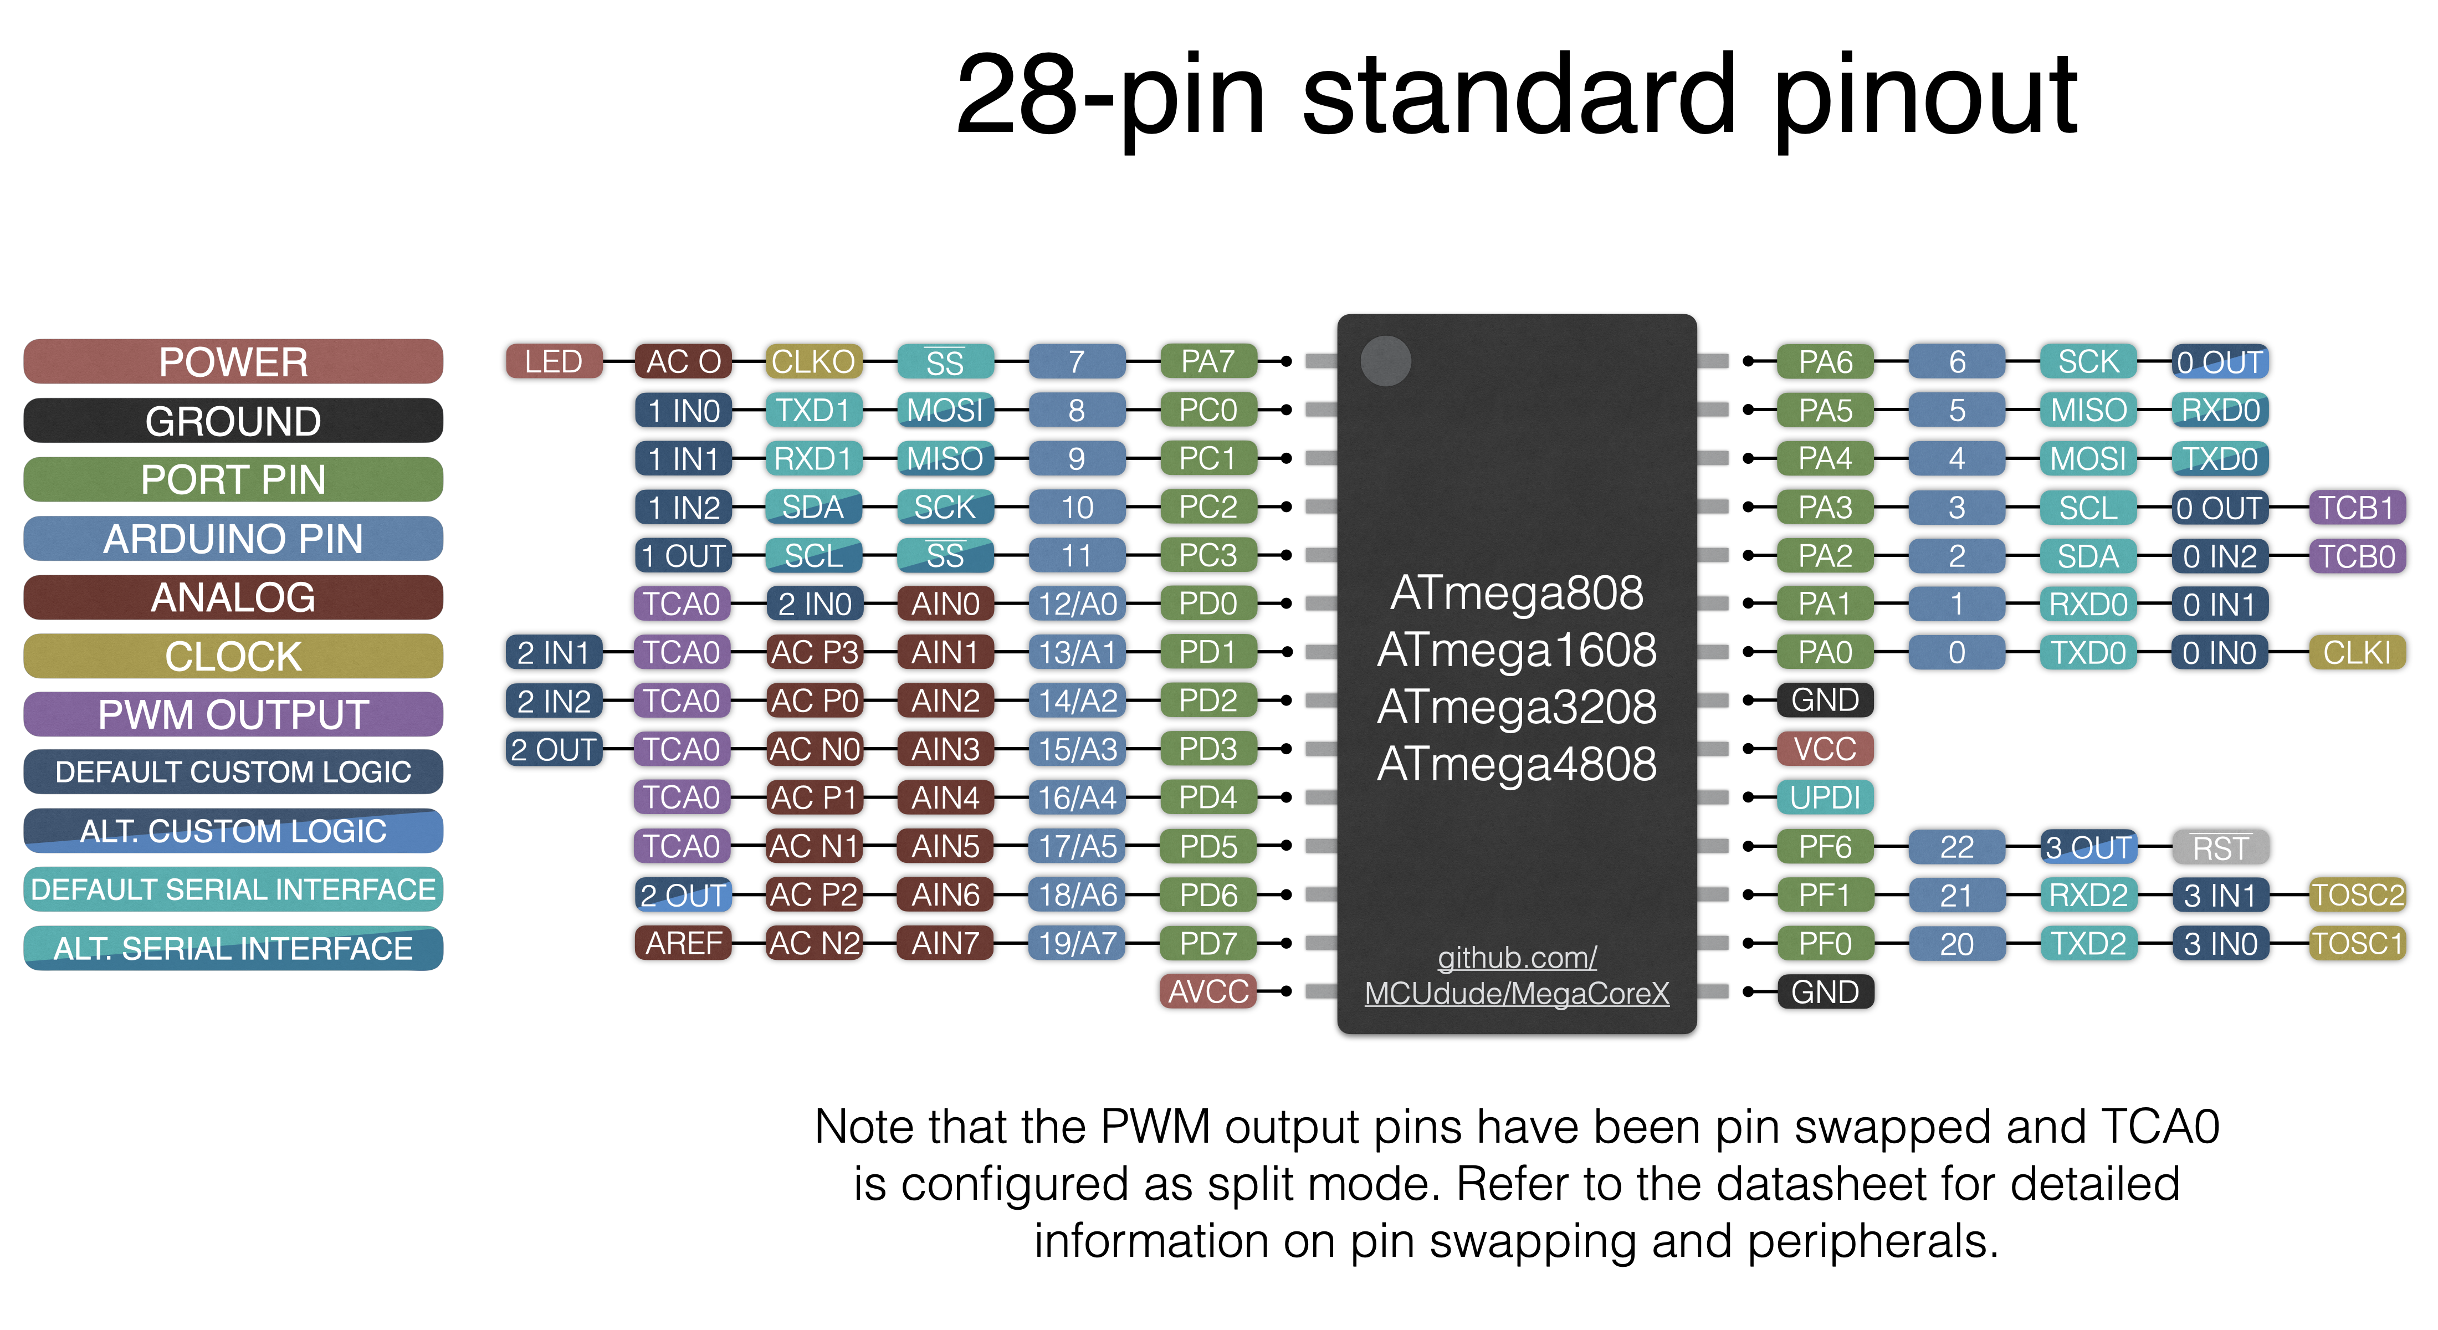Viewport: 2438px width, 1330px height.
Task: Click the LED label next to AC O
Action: tap(554, 362)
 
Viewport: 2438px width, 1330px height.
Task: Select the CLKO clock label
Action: tap(813, 362)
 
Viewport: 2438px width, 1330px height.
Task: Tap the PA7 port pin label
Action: tap(1208, 362)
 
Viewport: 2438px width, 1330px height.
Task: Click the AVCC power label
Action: tap(1208, 991)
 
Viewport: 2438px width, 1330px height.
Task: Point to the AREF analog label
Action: tap(683, 943)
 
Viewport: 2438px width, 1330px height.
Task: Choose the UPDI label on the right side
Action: tap(1825, 797)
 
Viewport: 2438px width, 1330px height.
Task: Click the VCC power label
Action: tap(1825, 749)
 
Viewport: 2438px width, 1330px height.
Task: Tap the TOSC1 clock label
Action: tap(2357, 943)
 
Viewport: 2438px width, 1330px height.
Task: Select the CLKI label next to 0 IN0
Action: tap(2357, 652)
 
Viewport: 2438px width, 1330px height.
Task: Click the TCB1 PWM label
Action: tap(2357, 508)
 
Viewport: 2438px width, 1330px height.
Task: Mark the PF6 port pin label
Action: tap(1825, 846)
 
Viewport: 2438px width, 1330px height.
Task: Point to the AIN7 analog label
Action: tap(945, 943)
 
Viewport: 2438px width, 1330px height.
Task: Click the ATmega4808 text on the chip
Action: tap(1516, 764)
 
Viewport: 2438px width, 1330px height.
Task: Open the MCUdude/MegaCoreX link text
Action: tap(1516, 993)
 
